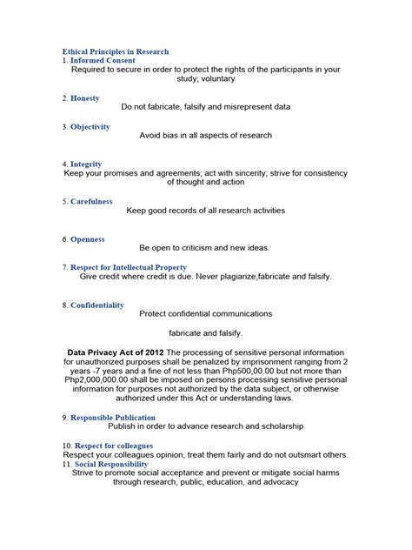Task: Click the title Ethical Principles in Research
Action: click(116, 52)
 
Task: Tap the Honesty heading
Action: click(85, 98)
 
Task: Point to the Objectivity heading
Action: click(90, 127)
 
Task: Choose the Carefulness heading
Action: click(91, 201)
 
